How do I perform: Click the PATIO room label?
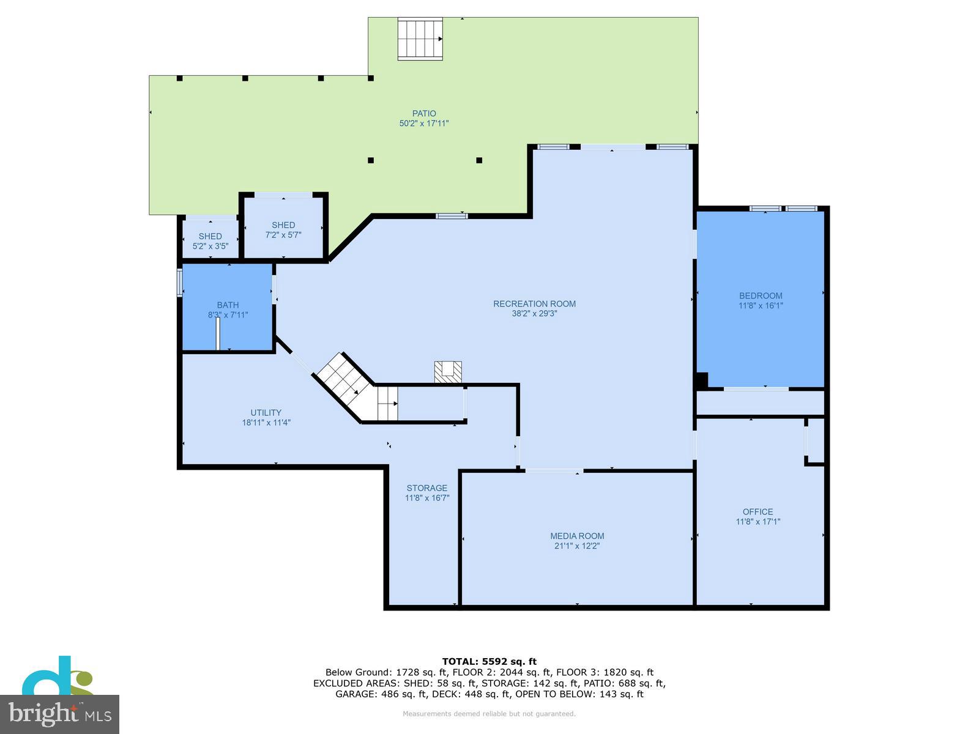(x=424, y=113)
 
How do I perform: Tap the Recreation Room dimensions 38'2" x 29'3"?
(x=534, y=314)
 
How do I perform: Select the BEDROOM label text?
(x=761, y=295)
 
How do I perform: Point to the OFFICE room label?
(x=758, y=512)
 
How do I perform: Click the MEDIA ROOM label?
(x=577, y=536)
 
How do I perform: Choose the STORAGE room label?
(x=426, y=488)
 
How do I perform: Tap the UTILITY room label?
(x=266, y=412)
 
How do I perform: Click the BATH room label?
(x=228, y=305)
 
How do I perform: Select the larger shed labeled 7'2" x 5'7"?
(x=283, y=229)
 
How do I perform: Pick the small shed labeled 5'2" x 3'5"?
(x=210, y=241)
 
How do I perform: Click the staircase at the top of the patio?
(x=420, y=39)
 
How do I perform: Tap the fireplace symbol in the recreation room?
(x=448, y=372)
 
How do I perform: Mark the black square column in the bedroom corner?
(x=701, y=380)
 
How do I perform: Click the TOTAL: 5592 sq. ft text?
(x=489, y=661)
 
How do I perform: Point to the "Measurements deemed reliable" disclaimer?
(x=489, y=714)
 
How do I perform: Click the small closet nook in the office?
(x=816, y=440)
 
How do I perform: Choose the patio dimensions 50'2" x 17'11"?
(x=424, y=124)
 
